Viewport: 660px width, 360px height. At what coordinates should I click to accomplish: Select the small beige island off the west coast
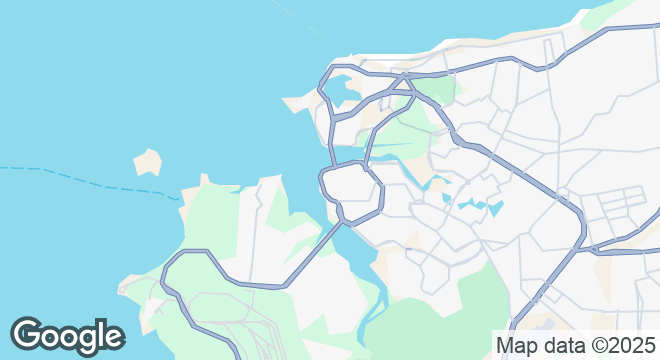pos(148,162)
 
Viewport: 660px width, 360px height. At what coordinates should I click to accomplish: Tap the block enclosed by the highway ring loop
pos(351,187)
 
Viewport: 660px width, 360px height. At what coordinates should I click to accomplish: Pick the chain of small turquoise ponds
pos(474,207)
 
